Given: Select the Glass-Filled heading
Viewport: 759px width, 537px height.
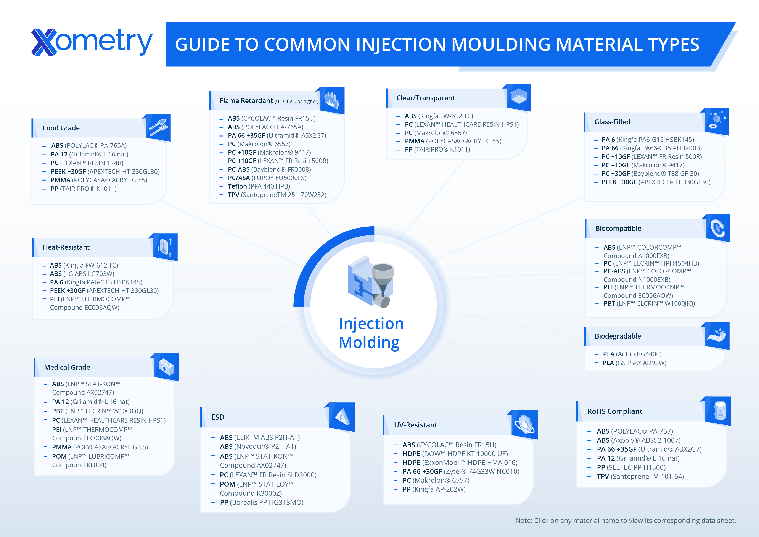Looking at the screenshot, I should click(x=612, y=122).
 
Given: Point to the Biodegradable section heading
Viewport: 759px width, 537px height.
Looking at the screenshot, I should click(x=617, y=336).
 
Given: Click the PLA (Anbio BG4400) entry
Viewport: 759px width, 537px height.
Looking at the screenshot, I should click(x=632, y=354).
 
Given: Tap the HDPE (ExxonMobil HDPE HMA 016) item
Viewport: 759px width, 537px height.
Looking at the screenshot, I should click(x=460, y=463).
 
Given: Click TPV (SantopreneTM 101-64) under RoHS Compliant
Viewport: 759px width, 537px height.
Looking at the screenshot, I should click(x=640, y=476).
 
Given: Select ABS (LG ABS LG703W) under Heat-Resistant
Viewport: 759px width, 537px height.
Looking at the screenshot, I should click(x=82, y=274).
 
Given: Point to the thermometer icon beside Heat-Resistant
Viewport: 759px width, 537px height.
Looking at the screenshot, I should click(x=165, y=247).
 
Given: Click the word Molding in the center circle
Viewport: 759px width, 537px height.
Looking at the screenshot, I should click(x=369, y=342).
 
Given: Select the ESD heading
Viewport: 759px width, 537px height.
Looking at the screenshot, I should click(x=217, y=417).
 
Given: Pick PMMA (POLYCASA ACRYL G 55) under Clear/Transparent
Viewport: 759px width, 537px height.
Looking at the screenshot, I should click(x=453, y=141).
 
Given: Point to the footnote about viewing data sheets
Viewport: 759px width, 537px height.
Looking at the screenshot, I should click(x=626, y=521).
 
